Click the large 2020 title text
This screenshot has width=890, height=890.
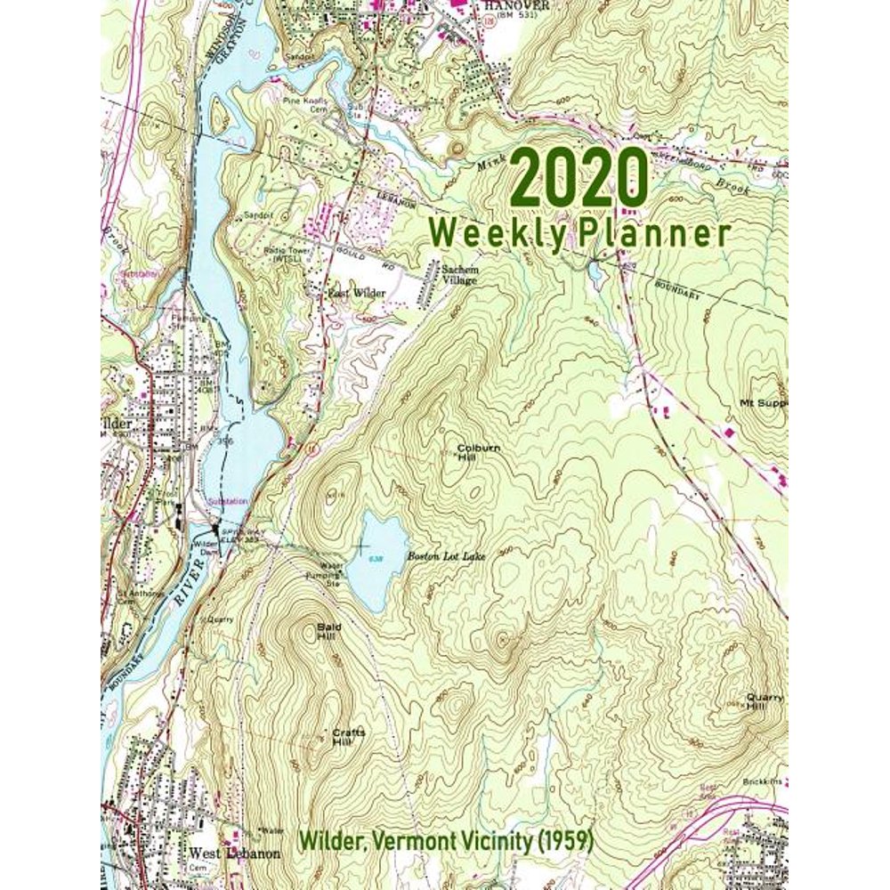click(578, 179)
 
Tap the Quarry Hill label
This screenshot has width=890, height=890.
click(765, 702)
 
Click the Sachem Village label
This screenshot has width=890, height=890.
click(459, 274)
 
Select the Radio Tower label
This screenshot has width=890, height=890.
click(285, 254)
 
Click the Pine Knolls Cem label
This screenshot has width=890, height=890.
click(305, 104)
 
